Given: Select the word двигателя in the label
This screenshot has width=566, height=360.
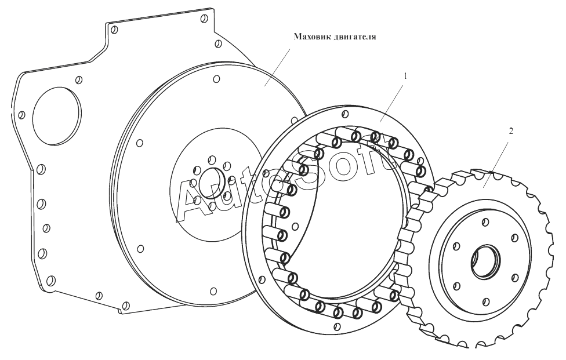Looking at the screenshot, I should (x=356, y=37).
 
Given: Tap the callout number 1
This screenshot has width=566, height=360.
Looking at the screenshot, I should (x=406, y=76).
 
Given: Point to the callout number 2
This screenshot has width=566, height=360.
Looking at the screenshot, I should (x=510, y=132).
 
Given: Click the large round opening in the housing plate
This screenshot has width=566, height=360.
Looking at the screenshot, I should (x=56, y=117).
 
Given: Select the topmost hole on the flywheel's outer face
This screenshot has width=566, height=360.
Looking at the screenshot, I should (x=216, y=79).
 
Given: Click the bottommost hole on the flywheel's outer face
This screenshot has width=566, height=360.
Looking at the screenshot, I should (x=214, y=290).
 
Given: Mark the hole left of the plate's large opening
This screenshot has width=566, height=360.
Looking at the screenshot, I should (x=22, y=115).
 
